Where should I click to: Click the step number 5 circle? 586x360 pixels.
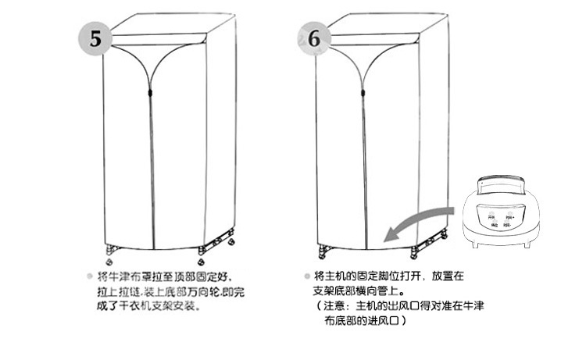pyautogui.click(x=95, y=38)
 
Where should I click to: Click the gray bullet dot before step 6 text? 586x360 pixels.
pyautogui.click(x=306, y=277)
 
